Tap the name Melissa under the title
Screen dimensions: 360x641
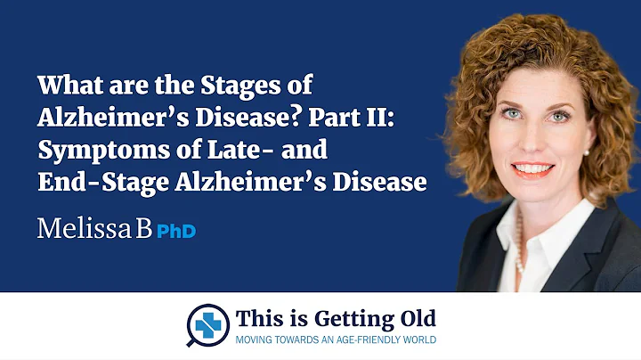tap(86, 229)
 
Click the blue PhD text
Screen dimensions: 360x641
tap(176, 231)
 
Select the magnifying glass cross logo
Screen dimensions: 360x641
tap(207, 323)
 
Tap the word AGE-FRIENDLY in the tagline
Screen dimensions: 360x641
tap(358, 340)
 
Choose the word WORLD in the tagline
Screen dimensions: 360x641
tap(417, 340)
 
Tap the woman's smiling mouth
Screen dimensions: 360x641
tap(534, 168)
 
